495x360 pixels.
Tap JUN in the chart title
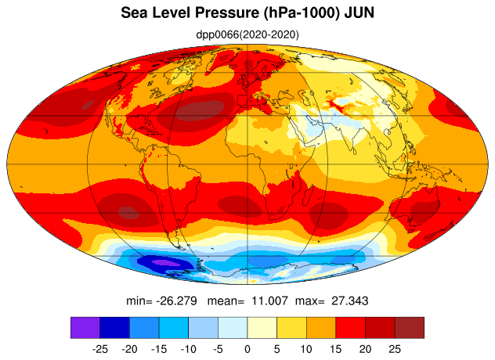pos(360,13)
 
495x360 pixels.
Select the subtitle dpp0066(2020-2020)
pos(247,34)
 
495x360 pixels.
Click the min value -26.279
pos(176,301)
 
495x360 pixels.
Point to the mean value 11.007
pos(269,301)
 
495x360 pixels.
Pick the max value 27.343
pos(350,301)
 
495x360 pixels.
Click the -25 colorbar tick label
pos(99,349)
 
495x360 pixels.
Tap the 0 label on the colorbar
pos(247,349)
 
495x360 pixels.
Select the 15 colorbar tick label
pos(335,349)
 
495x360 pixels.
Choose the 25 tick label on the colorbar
pos(395,349)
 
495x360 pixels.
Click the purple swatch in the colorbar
pos(85,328)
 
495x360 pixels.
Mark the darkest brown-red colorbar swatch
pos(410,328)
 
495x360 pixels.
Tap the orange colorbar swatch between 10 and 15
pos(321,328)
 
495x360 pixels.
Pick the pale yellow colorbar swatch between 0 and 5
pos(262,328)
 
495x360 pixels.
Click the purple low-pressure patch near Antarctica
pos(166,262)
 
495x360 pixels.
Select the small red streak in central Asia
pos(338,106)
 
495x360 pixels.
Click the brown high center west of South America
pos(127,211)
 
